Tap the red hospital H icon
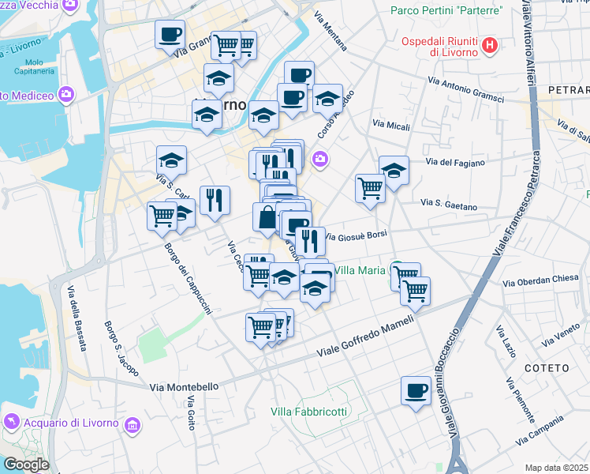[x=490, y=45]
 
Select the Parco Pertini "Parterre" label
[x=446, y=11]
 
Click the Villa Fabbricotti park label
[x=308, y=412]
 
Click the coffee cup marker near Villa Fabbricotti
[x=416, y=389]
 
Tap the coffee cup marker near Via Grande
[x=170, y=35]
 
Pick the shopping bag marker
[x=267, y=216]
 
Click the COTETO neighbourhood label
[x=545, y=368]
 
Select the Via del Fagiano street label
[x=455, y=163]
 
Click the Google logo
[x=26, y=465]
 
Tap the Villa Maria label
[x=360, y=270]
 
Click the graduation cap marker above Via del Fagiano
[x=394, y=169]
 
